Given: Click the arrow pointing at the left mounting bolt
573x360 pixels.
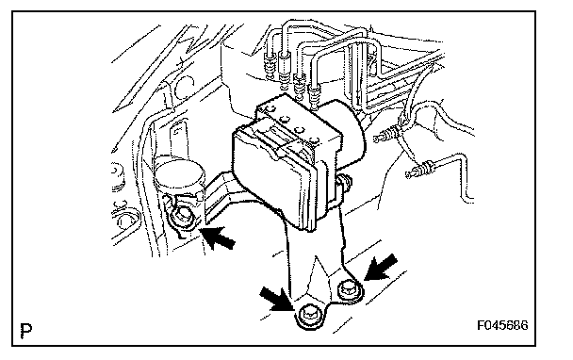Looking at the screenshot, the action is pos(219,237).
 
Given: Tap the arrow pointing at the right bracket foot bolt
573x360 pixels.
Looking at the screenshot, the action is pos(381,267).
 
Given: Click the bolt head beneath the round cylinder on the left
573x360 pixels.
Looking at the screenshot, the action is pos(182,217).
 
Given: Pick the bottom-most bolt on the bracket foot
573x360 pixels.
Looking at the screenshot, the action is pos(309,316).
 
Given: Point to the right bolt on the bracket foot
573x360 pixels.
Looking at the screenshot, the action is pos(350,290).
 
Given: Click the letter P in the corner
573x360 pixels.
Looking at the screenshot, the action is pos(25,331).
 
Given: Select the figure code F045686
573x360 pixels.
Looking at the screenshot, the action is pos(502,325).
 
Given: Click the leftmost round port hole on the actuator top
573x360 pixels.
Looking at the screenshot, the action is pos(270,108).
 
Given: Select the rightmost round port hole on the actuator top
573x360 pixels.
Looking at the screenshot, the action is pos(315,139).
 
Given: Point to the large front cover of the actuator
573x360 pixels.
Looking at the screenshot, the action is pos(273,175).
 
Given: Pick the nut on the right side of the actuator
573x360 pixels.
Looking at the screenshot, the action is pos(344,182).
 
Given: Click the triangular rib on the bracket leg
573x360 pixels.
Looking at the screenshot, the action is pos(319,277).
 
